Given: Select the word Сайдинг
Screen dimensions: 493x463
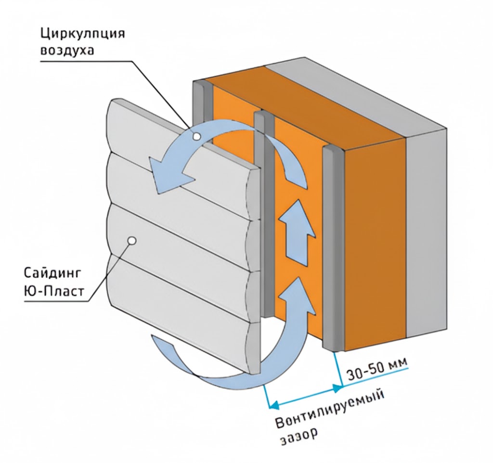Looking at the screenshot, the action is (52, 273).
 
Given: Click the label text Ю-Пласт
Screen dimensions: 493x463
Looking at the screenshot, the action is (54, 292).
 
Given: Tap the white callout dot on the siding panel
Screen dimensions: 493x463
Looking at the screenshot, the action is (132, 241).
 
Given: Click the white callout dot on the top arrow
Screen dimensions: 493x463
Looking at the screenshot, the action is (197, 136).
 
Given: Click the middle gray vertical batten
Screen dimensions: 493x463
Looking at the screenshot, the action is (264, 214).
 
